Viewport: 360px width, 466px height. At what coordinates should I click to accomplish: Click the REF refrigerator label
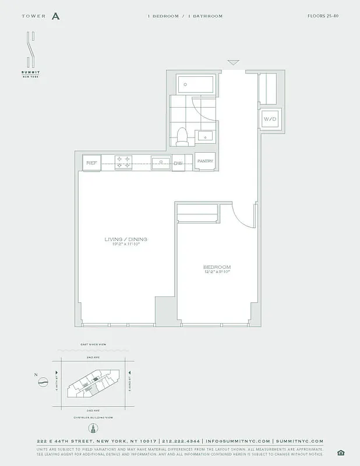91,164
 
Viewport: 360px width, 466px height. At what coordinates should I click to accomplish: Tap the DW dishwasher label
178,164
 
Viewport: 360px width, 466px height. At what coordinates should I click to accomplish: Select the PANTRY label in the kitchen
204,161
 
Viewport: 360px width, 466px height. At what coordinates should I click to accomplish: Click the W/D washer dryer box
270,119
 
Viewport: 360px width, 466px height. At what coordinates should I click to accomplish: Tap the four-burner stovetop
122,163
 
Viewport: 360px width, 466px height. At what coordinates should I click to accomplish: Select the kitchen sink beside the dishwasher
161,163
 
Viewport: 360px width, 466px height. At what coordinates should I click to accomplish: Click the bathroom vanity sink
206,136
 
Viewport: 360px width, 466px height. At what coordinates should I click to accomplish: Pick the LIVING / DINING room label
126,239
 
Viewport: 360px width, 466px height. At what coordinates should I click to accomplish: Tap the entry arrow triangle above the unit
234,62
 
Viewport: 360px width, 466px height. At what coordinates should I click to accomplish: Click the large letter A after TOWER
55,16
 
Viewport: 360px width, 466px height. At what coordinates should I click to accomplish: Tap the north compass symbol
43,382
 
